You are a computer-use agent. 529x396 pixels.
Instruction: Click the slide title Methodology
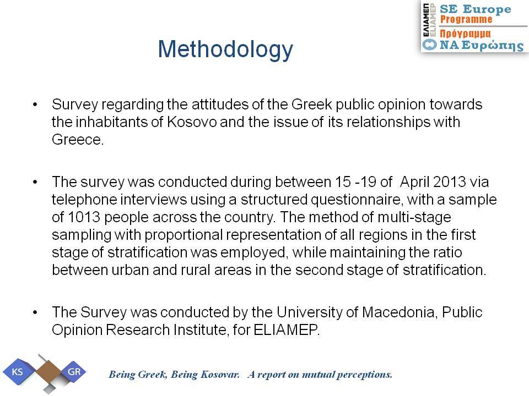[x=225, y=50]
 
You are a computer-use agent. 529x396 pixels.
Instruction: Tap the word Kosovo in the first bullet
[x=192, y=122]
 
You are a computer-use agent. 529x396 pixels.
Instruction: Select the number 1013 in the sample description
[x=84, y=217]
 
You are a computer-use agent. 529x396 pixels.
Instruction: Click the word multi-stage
[x=414, y=217]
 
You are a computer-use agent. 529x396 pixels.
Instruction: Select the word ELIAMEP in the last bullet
[x=286, y=329]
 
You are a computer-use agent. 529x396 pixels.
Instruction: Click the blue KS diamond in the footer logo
[x=18, y=372]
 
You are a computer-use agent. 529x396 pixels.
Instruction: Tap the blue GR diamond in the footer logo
[x=74, y=372]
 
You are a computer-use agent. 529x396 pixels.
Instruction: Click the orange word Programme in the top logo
[x=466, y=20]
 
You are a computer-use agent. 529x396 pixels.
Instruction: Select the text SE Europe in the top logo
[x=476, y=9]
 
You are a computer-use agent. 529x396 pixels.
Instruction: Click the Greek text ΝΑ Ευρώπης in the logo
[x=482, y=45]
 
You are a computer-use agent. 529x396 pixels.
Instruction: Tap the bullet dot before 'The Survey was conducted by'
[x=35, y=312]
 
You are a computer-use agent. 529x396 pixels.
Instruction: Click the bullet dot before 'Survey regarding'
[x=35, y=105]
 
